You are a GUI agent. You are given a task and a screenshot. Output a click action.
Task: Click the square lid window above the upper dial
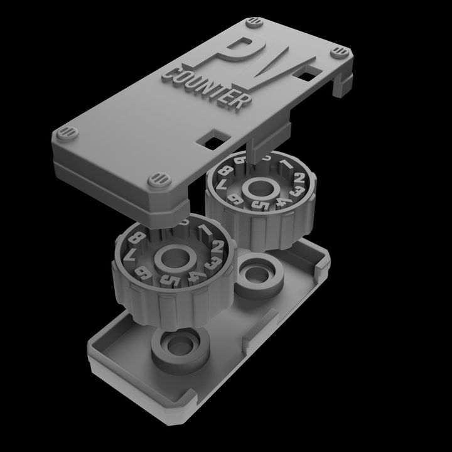(x=212, y=139)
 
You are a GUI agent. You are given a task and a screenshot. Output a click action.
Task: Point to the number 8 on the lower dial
(x=139, y=239)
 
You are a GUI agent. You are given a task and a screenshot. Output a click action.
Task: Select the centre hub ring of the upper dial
(x=259, y=186)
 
